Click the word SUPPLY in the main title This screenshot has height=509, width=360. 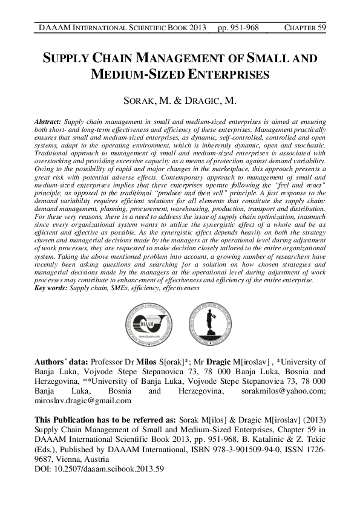point(65,59)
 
